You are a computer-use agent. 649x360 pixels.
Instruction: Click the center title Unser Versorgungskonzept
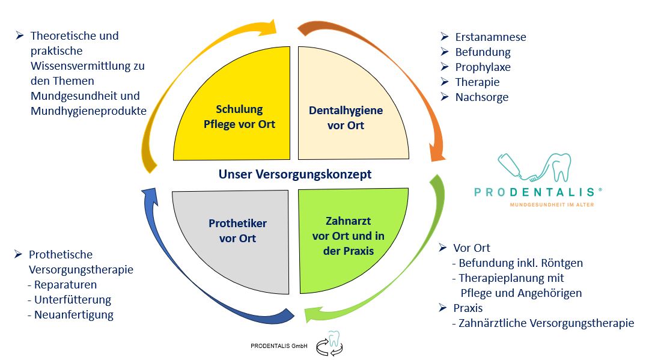tap(294, 174)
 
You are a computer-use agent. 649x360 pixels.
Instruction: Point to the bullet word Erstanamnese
tap(490, 37)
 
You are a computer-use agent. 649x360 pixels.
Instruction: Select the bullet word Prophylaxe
tap(483, 67)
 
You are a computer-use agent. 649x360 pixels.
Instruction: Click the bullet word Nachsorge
tap(481, 97)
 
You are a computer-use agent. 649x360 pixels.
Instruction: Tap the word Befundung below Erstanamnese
tap(483, 52)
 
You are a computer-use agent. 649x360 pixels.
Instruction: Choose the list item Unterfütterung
tap(73, 300)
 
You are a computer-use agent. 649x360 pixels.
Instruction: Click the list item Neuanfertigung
tap(74, 315)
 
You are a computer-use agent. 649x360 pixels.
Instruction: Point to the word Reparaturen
tap(66, 285)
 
